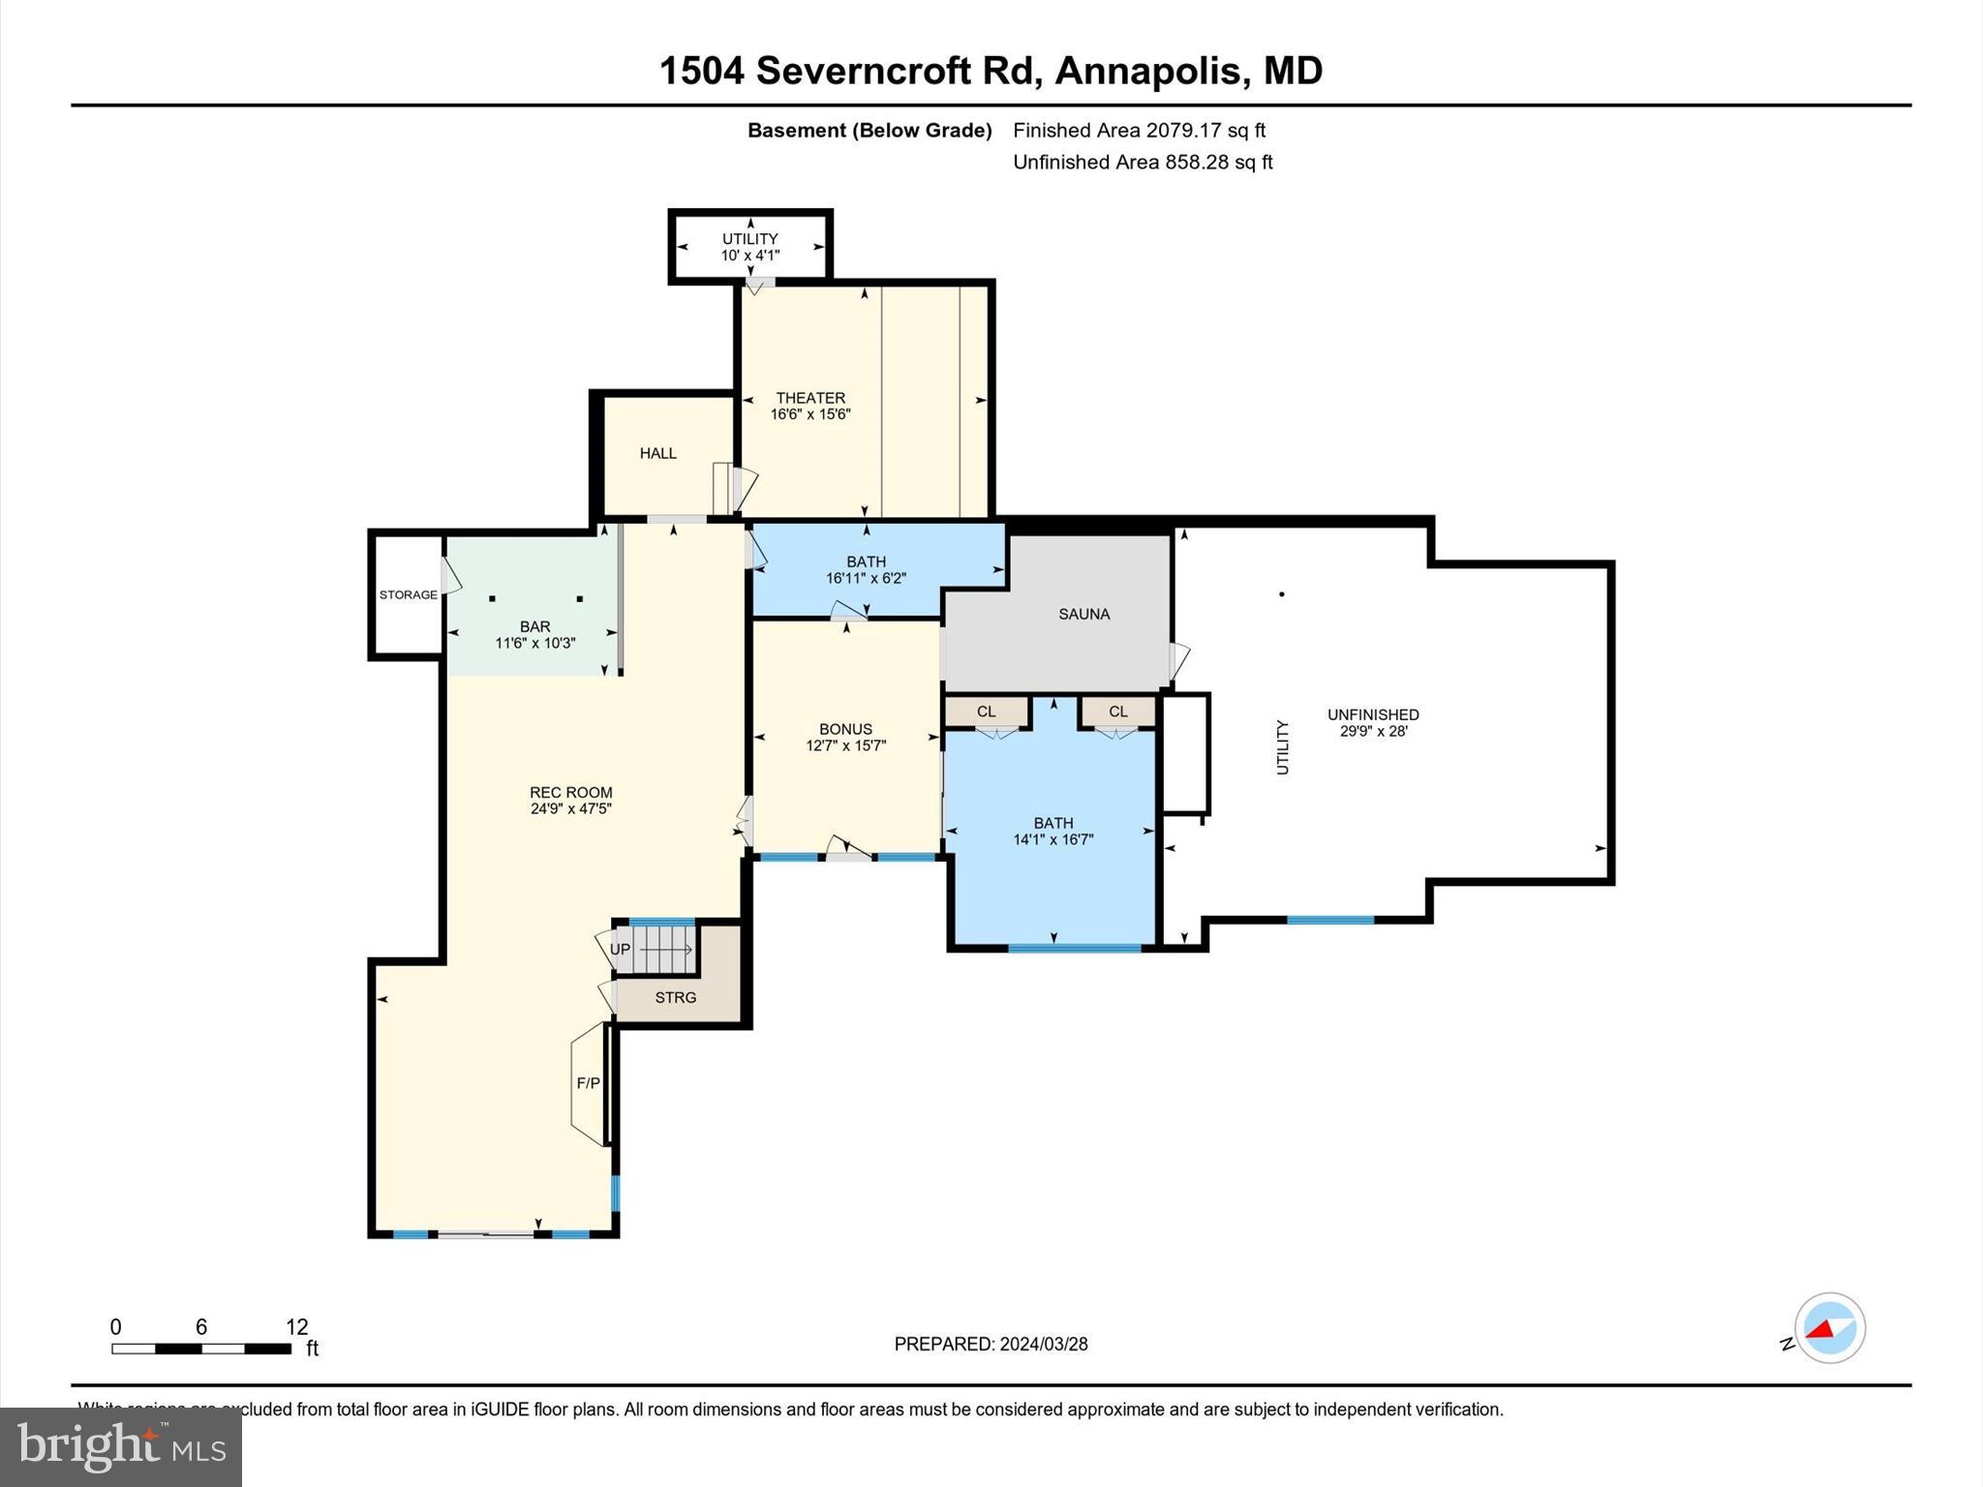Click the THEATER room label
810,398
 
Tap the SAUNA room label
1083,614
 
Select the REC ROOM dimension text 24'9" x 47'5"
570,809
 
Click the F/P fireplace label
588,1083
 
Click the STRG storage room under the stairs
675,997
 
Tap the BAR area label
534,626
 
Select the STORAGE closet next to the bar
408,594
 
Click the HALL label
657,453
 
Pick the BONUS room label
845,729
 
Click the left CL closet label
986,712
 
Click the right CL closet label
1117,712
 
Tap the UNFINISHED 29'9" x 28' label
1373,722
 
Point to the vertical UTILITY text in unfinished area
1283,746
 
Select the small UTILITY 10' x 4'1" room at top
749,247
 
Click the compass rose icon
1829,1328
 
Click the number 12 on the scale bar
296,1327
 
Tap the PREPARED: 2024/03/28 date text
991,1344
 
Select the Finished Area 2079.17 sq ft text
1139,131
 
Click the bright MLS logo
121,1446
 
